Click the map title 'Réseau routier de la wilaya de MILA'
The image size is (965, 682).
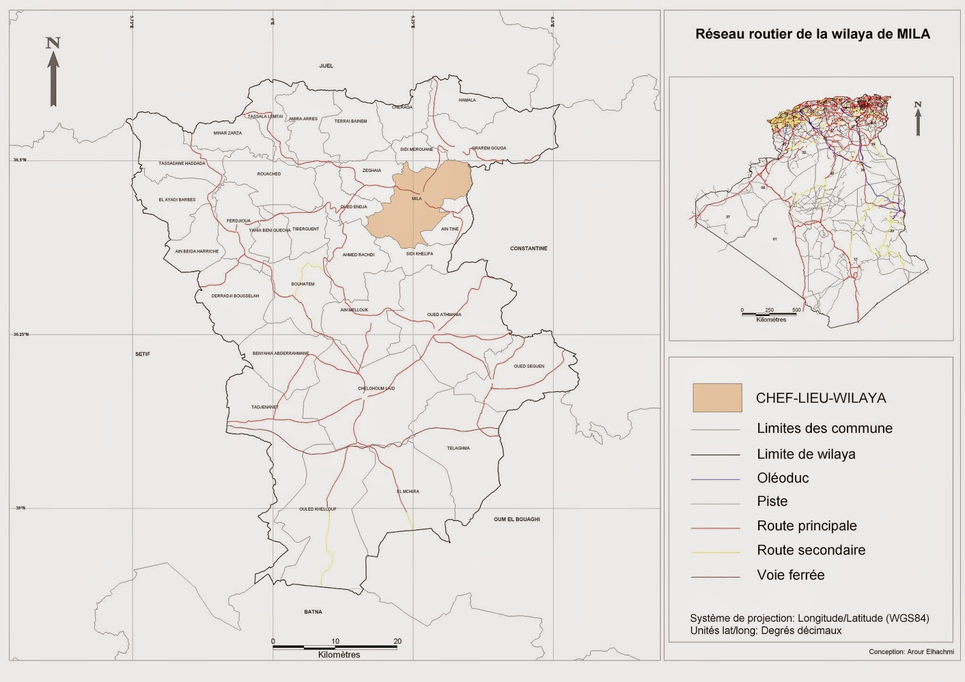812,34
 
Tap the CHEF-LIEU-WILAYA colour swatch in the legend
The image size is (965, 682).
717,398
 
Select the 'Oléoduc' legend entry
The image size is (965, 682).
783,478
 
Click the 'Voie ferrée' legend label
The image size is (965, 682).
790,575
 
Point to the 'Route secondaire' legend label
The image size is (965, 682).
811,550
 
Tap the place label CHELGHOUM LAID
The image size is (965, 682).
376,388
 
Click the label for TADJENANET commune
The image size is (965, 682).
265,407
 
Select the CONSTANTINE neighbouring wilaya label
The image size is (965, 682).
528,248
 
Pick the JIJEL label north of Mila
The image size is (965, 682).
326,66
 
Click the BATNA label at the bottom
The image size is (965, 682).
313,612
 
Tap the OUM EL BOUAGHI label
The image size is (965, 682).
516,519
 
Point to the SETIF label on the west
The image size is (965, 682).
142,354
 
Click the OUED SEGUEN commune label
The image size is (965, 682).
529,366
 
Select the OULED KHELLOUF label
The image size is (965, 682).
318,509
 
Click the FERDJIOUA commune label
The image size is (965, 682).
238,221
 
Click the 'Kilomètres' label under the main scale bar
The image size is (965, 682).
339,655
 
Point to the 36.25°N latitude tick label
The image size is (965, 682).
21,335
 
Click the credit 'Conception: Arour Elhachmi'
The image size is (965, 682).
911,652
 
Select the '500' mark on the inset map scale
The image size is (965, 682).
796,310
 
